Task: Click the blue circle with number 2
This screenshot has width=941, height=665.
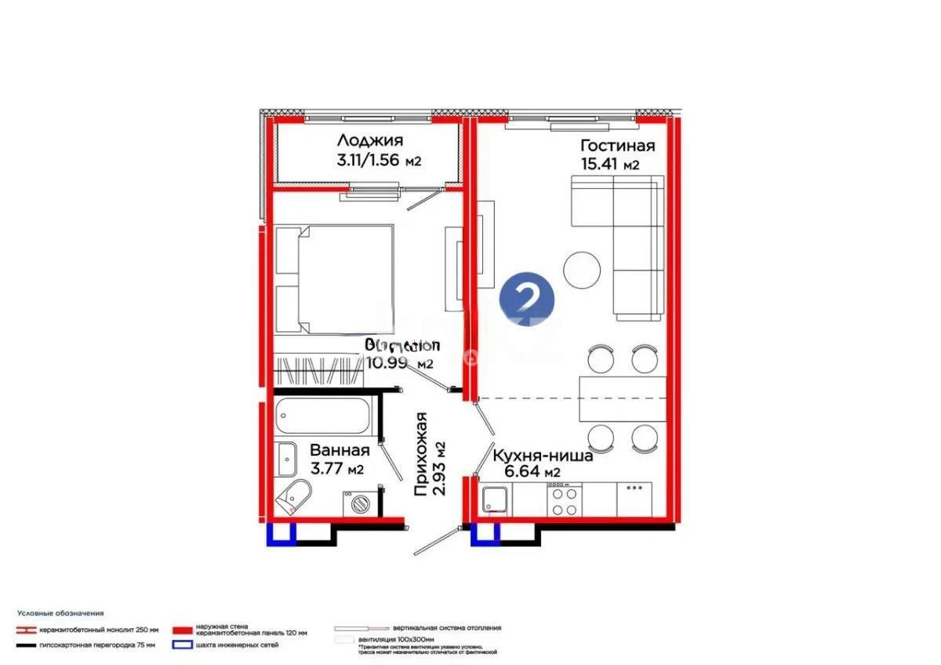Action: [528, 299]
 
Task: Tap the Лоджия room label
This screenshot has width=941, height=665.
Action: [370, 141]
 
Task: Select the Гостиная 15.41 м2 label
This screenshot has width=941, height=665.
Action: [617, 154]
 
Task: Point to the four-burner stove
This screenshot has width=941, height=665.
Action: [562, 500]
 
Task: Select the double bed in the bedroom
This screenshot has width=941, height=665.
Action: [333, 278]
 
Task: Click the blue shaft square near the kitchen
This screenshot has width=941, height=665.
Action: [485, 533]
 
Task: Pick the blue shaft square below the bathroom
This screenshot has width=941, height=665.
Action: [281, 533]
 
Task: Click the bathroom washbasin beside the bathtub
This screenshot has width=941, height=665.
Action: [285, 455]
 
